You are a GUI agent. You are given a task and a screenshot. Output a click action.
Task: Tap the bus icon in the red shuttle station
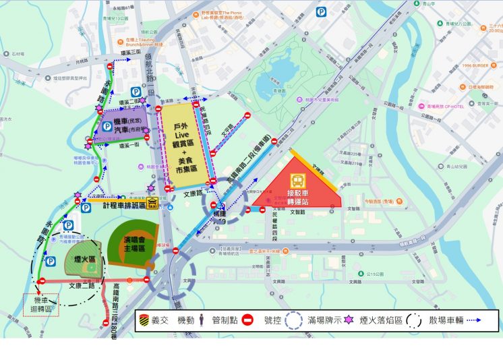(x=297, y=181)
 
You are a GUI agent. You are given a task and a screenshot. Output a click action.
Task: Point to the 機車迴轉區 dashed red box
(x=40, y=305)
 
